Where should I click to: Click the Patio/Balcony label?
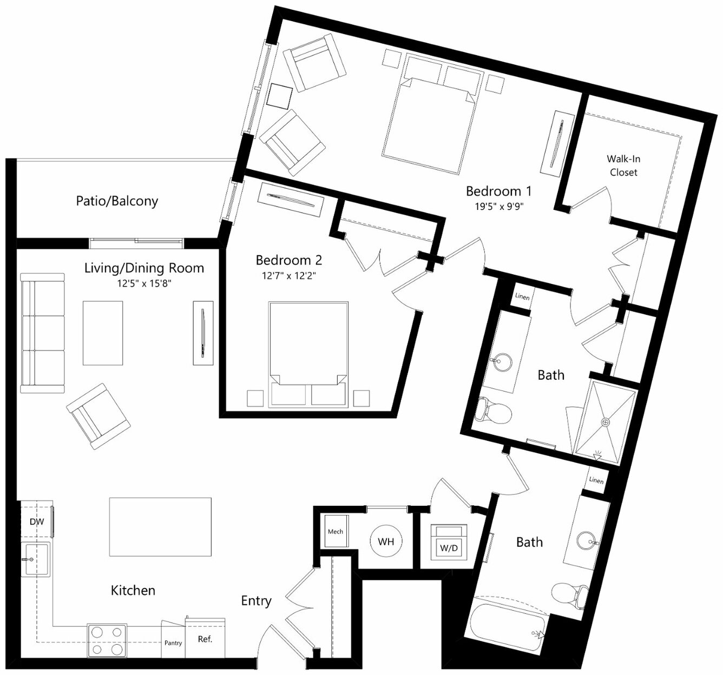117,201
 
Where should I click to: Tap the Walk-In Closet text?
623,166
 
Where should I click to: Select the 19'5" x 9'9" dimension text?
499,207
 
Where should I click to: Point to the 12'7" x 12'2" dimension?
288,276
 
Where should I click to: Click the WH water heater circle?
386,541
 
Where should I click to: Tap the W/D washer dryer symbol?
449,542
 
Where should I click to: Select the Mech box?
336,531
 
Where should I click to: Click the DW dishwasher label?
37,521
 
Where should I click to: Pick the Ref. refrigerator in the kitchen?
205,638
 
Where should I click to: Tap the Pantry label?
173,643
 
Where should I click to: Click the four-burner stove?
107,640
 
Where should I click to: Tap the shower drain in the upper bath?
606,422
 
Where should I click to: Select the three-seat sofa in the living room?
43,333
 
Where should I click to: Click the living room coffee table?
103,333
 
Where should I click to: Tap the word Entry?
257,601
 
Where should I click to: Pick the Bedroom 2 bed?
308,354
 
